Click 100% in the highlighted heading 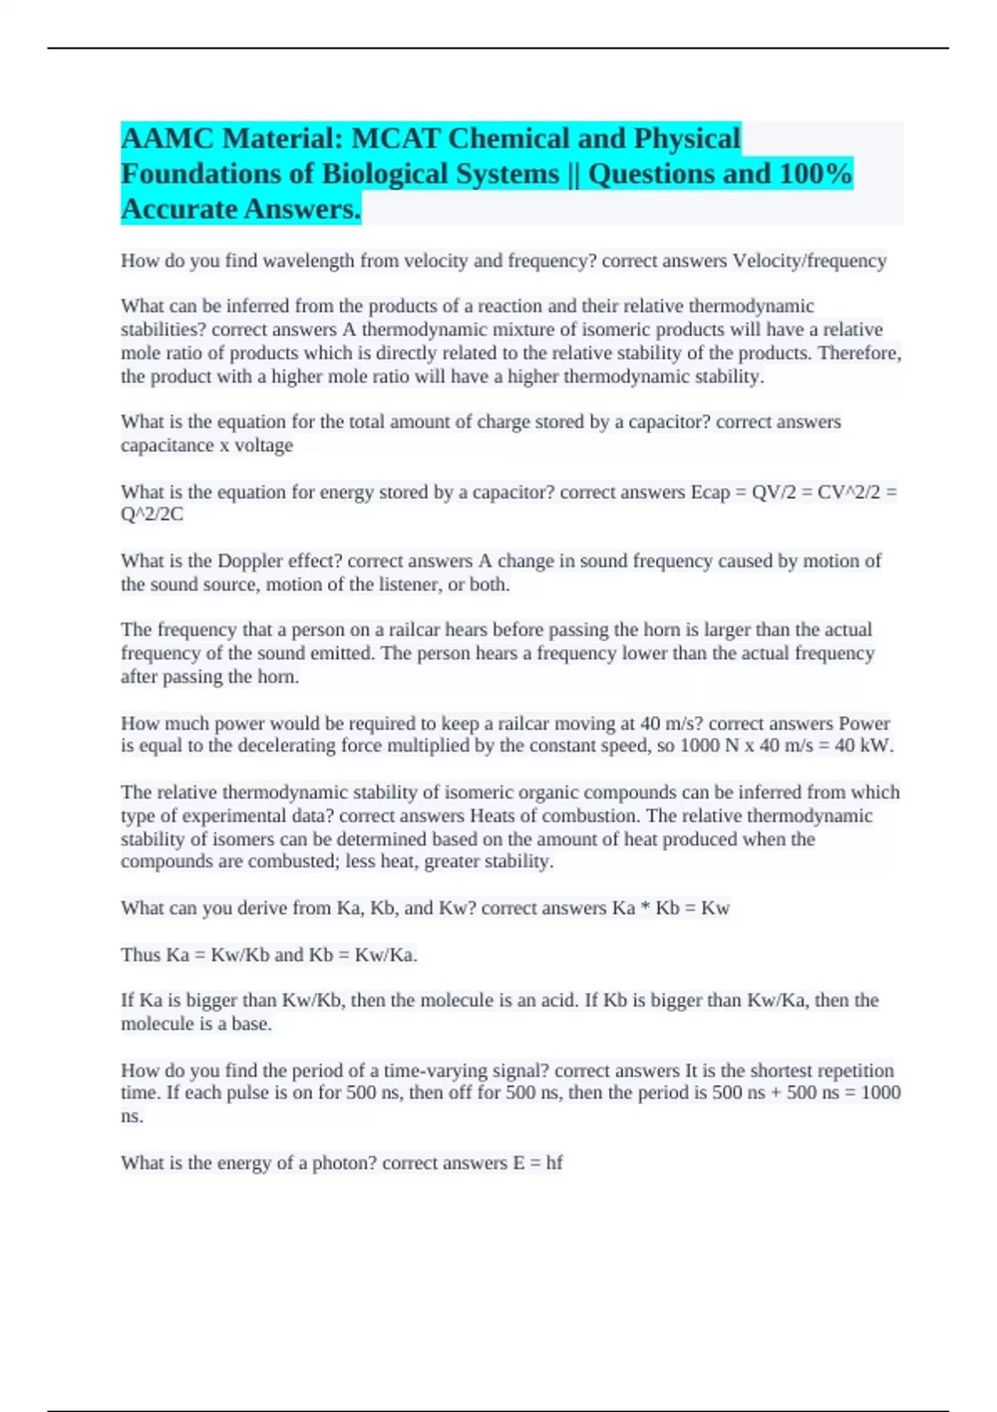[x=816, y=174]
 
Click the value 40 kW [x=862, y=746]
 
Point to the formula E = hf [x=538, y=1163]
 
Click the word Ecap [x=710, y=492]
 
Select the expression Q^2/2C [x=152, y=514]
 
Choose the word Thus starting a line [x=140, y=955]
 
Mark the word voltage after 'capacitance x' [x=263, y=445]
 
